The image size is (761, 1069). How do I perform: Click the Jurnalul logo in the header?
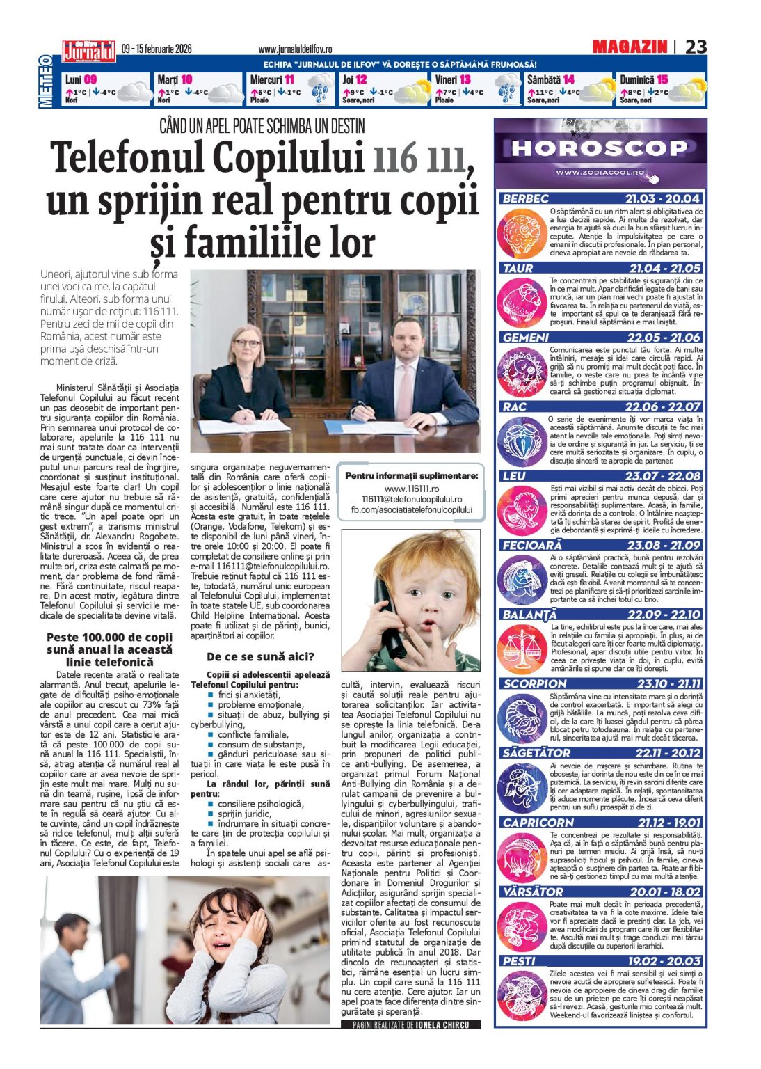(88, 50)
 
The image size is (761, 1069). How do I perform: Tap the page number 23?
(696, 47)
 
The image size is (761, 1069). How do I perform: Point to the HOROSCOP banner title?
(599, 148)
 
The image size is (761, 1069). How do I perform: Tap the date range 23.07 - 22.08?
(662, 476)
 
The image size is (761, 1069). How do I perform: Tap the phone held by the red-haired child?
(389, 617)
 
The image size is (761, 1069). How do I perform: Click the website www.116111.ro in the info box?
(412, 489)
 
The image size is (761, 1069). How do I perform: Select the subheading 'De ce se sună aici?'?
(260, 656)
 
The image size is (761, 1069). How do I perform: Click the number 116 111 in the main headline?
(418, 158)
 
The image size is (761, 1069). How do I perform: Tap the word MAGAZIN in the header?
(630, 47)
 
